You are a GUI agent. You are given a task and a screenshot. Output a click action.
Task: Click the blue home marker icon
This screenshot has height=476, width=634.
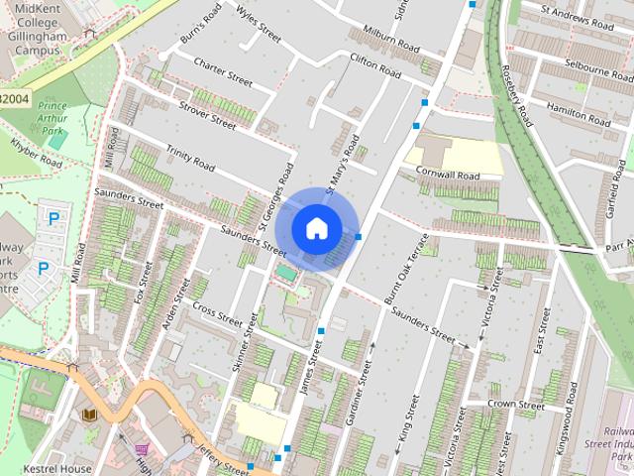click(x=315, y=228)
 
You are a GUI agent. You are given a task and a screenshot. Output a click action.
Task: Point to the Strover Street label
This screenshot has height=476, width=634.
click(x=207, y=115)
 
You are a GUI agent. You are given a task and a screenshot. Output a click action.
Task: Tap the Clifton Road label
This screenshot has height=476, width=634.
click(x=374, y=67)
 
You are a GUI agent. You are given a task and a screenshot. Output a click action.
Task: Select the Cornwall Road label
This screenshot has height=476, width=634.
click(x=448, y=176)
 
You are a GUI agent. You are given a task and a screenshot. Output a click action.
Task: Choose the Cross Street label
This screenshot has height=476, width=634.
click(x=217, y=314)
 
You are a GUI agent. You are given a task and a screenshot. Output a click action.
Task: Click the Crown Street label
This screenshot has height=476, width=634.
click(x=515, y=405)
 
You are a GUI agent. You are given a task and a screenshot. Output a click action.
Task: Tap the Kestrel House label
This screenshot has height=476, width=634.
click(x=60, y=468)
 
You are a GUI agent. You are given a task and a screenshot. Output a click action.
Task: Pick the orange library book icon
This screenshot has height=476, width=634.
click(x=88, y=415)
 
